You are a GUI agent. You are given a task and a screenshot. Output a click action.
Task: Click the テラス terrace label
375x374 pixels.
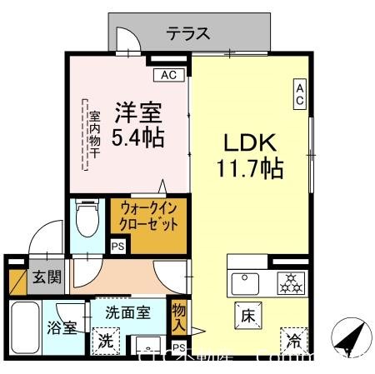[x=187, y=35]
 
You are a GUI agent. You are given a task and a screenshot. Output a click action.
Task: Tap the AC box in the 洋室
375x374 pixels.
[x=168, y=76]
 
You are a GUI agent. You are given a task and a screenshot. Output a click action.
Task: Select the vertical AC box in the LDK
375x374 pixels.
[x=300, y=94]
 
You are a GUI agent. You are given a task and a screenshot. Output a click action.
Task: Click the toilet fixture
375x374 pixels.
[x=84, y=221]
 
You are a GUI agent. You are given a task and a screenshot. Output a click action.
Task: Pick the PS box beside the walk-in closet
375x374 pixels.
[x=117, y=247]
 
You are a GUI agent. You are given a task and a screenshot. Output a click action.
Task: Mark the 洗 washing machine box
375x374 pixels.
[x=105, y=340]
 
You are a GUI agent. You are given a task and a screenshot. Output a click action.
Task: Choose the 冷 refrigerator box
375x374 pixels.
[x=292, y=338]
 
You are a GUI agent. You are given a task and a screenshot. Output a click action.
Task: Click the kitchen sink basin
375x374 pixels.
[x=245, y=282]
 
